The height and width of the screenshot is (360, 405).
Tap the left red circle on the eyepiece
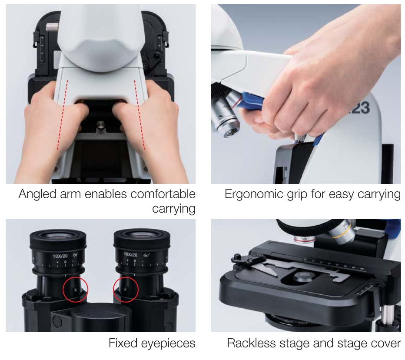[75, 288]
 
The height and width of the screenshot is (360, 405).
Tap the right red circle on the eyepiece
[126, 288]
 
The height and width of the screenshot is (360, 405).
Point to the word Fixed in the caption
[123, 343]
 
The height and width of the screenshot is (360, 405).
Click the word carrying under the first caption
[173, 209]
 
